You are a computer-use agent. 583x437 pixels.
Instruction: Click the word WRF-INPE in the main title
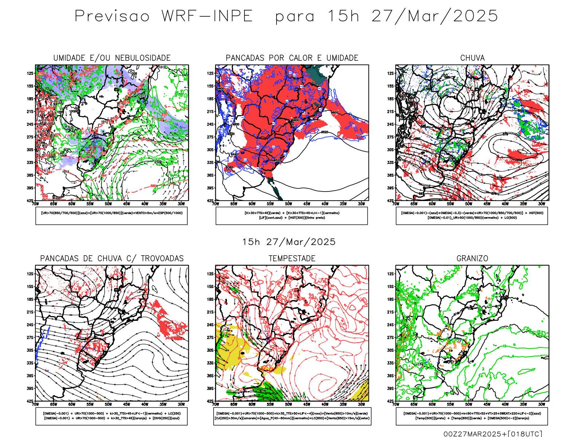(207, 16)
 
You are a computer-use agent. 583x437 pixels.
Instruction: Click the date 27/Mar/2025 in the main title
(434, 16)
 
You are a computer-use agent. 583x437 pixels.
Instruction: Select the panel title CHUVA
(472, 58)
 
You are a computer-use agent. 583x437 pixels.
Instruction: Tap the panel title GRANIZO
(472, 259)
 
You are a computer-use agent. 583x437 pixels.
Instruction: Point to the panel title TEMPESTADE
(292, 259)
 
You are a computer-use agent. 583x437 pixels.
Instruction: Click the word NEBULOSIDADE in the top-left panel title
(143, 58)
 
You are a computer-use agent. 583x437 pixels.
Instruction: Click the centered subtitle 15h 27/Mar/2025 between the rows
(289, 242)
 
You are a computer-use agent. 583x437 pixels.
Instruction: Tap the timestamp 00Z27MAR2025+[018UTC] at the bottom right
(493, 434)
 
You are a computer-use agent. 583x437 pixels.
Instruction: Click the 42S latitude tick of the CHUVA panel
(391, 201)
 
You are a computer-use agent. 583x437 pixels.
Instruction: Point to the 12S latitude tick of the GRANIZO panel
(391, 274)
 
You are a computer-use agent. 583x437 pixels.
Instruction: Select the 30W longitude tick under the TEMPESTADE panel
(361, 404)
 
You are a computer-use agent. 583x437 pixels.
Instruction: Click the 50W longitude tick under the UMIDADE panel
(108, 204)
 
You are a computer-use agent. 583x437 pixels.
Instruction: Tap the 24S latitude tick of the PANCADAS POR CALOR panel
(210, 124)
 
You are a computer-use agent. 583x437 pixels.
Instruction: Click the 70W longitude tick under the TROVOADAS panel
(35, 404)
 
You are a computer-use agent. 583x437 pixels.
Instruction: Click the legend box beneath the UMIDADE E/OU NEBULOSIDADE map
(111, 216)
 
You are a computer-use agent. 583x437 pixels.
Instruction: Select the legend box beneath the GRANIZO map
(472, 416)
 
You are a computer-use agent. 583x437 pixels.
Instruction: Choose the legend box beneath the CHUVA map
(472, 216)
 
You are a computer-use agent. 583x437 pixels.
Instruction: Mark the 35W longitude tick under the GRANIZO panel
(524, 404)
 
